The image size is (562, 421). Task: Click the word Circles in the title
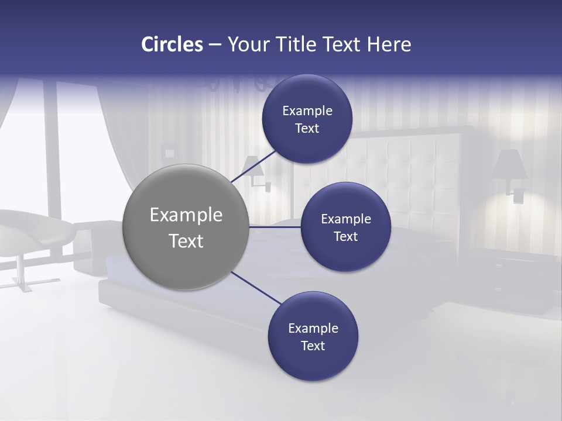[172, 44]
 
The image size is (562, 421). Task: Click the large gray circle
[186, 227]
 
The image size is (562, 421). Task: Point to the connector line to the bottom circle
[256, 288]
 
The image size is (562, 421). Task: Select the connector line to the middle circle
[275, 226]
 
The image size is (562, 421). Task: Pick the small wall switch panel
[169, 153]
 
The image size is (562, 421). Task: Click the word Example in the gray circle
[186, 215]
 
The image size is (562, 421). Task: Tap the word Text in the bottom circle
[313, 346]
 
